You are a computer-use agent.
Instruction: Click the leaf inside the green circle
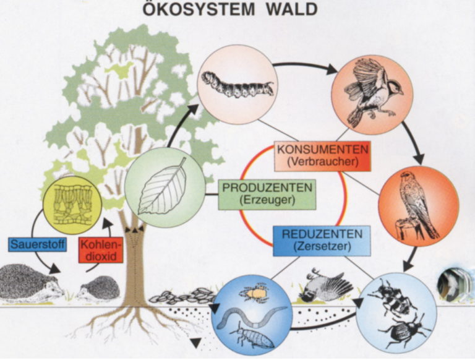point(163,186)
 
